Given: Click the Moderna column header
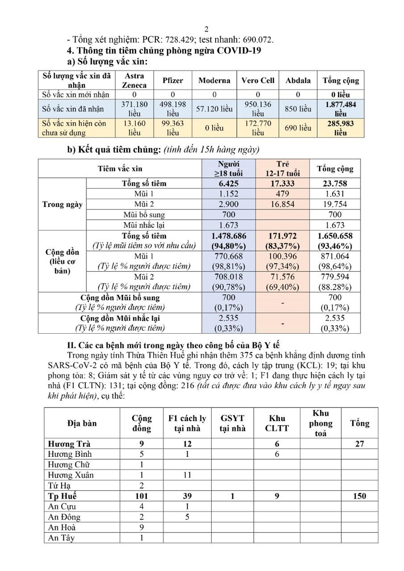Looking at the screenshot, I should click(x=214, y=80).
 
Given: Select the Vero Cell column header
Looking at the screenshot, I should click(x=258, y=80).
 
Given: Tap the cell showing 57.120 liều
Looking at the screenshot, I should click(x=214, y=109).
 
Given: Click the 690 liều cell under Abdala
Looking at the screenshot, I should click(x=298, y=128).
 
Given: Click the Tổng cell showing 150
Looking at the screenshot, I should click(x=360, y=496).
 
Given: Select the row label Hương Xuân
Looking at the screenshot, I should click(x=71, y=475).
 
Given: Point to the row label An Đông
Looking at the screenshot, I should click(x=65, y=517).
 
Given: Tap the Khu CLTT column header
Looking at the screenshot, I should click(x=277, y=423).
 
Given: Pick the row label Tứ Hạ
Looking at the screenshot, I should click(x=58, y=486).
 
